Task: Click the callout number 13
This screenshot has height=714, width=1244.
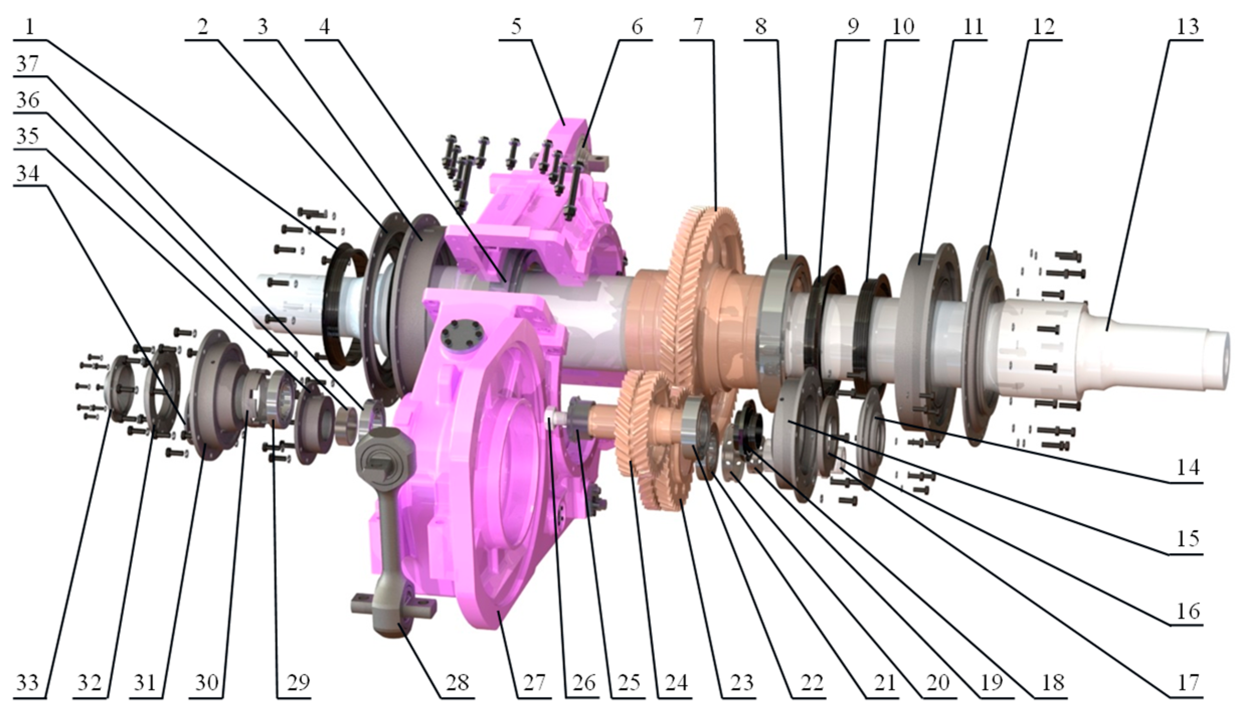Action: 1188,27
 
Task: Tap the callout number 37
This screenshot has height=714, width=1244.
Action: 28,64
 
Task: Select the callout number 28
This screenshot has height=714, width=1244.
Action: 457,682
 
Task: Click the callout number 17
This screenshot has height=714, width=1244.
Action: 1188,682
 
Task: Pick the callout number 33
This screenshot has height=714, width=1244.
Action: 28,682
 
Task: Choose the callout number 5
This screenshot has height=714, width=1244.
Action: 516,27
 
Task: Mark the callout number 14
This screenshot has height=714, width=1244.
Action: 1188,467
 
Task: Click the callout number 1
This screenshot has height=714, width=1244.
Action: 29,27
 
